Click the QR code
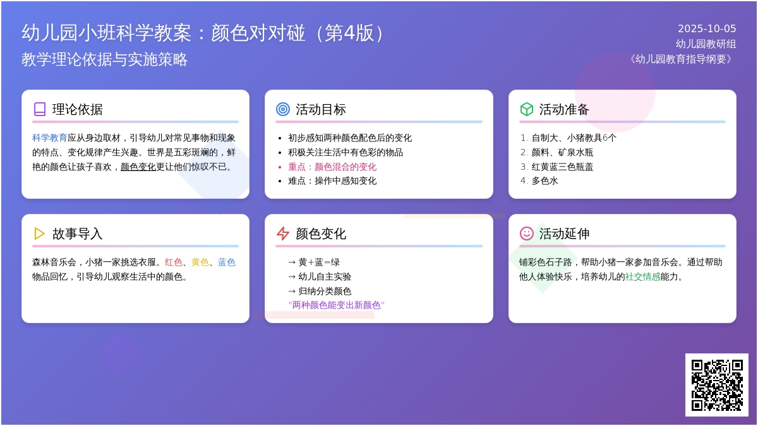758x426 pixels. (717, 385)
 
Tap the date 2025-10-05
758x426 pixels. (707, 29)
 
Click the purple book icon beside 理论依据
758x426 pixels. (40, 109)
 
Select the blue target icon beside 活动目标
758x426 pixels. (283, 109)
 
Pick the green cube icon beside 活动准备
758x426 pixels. (527, 109)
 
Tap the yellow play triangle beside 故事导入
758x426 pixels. (39, 234)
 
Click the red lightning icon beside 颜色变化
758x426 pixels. (283, 234)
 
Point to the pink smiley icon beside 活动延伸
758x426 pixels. (527, 234)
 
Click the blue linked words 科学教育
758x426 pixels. (50, 138)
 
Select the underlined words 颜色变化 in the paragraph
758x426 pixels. (138, 167)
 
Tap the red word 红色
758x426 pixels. (174, 263)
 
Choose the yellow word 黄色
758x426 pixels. (200, 263)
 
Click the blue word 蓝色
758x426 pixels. (226, 263)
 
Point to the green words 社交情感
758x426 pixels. (642, 277)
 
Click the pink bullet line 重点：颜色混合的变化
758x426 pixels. (332, 167)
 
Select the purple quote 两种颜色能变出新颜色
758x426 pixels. (336, 305)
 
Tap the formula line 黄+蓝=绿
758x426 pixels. (314, 263)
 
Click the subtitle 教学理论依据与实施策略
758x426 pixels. (105, 59)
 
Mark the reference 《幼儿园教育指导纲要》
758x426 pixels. (681, 59)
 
